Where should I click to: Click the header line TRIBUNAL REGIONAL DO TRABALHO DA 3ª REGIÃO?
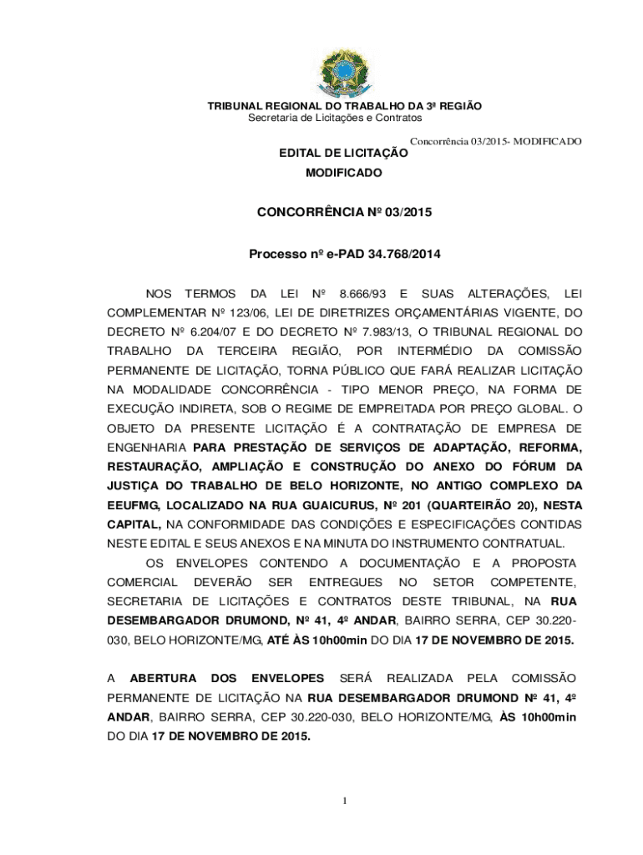click(344, 107)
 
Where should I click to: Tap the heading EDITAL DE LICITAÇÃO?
click(343, 154)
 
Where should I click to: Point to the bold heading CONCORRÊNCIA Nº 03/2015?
click(344, 213)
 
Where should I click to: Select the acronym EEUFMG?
click(134, 504)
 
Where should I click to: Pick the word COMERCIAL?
click(143, 581)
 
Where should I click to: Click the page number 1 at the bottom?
click(344, 802)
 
